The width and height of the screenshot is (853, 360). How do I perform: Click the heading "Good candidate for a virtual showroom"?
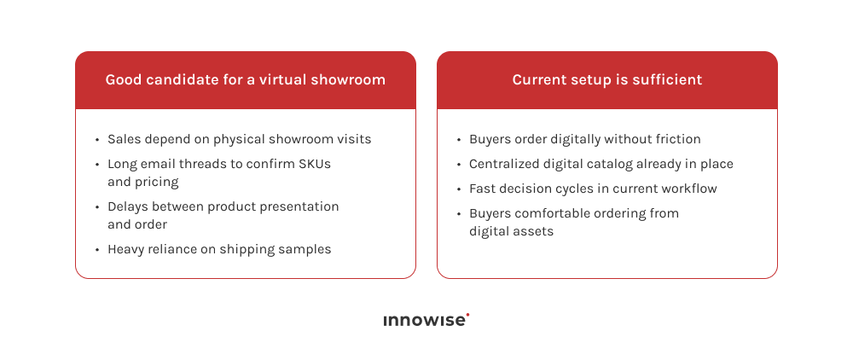point(245,80)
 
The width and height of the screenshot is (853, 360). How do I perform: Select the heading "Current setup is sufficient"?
point(606,80)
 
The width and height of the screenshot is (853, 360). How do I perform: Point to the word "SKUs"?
point(314,164)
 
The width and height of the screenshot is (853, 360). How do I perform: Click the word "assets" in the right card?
point(533,231)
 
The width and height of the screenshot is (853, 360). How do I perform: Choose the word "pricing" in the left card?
point(156,182)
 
